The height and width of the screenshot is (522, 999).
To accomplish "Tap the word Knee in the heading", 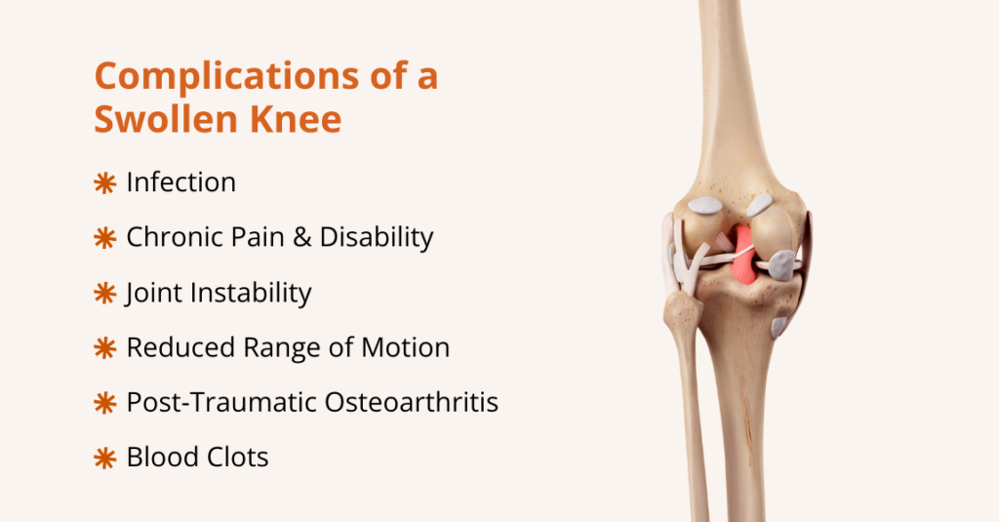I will [x=297, y=120].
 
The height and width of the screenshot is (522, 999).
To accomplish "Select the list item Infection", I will [x=181, y=182].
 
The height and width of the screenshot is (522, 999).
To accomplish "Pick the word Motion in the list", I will [x=403, y=347].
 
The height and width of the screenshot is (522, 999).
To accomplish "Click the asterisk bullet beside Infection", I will [x=104, y=183].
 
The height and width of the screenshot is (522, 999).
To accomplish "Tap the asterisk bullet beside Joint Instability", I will [x=104, y=293].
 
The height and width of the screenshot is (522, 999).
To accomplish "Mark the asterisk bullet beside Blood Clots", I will [x=104, y=457].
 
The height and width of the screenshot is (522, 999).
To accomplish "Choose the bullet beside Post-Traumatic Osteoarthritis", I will [x=104, y=402].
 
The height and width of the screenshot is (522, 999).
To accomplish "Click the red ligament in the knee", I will [x=743, y=256].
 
